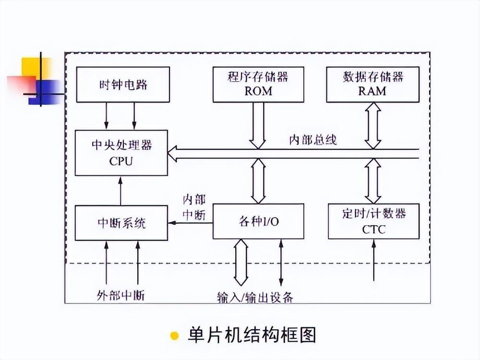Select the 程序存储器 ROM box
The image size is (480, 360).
(258, 84)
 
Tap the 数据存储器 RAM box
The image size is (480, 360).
(372, 84)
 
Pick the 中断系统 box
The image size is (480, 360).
(121, 222)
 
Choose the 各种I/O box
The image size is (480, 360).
(258, 221)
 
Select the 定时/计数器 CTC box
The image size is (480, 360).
(373, 221)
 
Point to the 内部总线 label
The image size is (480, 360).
(312, 140)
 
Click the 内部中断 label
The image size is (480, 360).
(194, 207)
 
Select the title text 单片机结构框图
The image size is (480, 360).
(252, 334)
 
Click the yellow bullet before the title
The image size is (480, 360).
(175, 335)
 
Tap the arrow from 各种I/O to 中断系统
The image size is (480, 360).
(190, 223)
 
